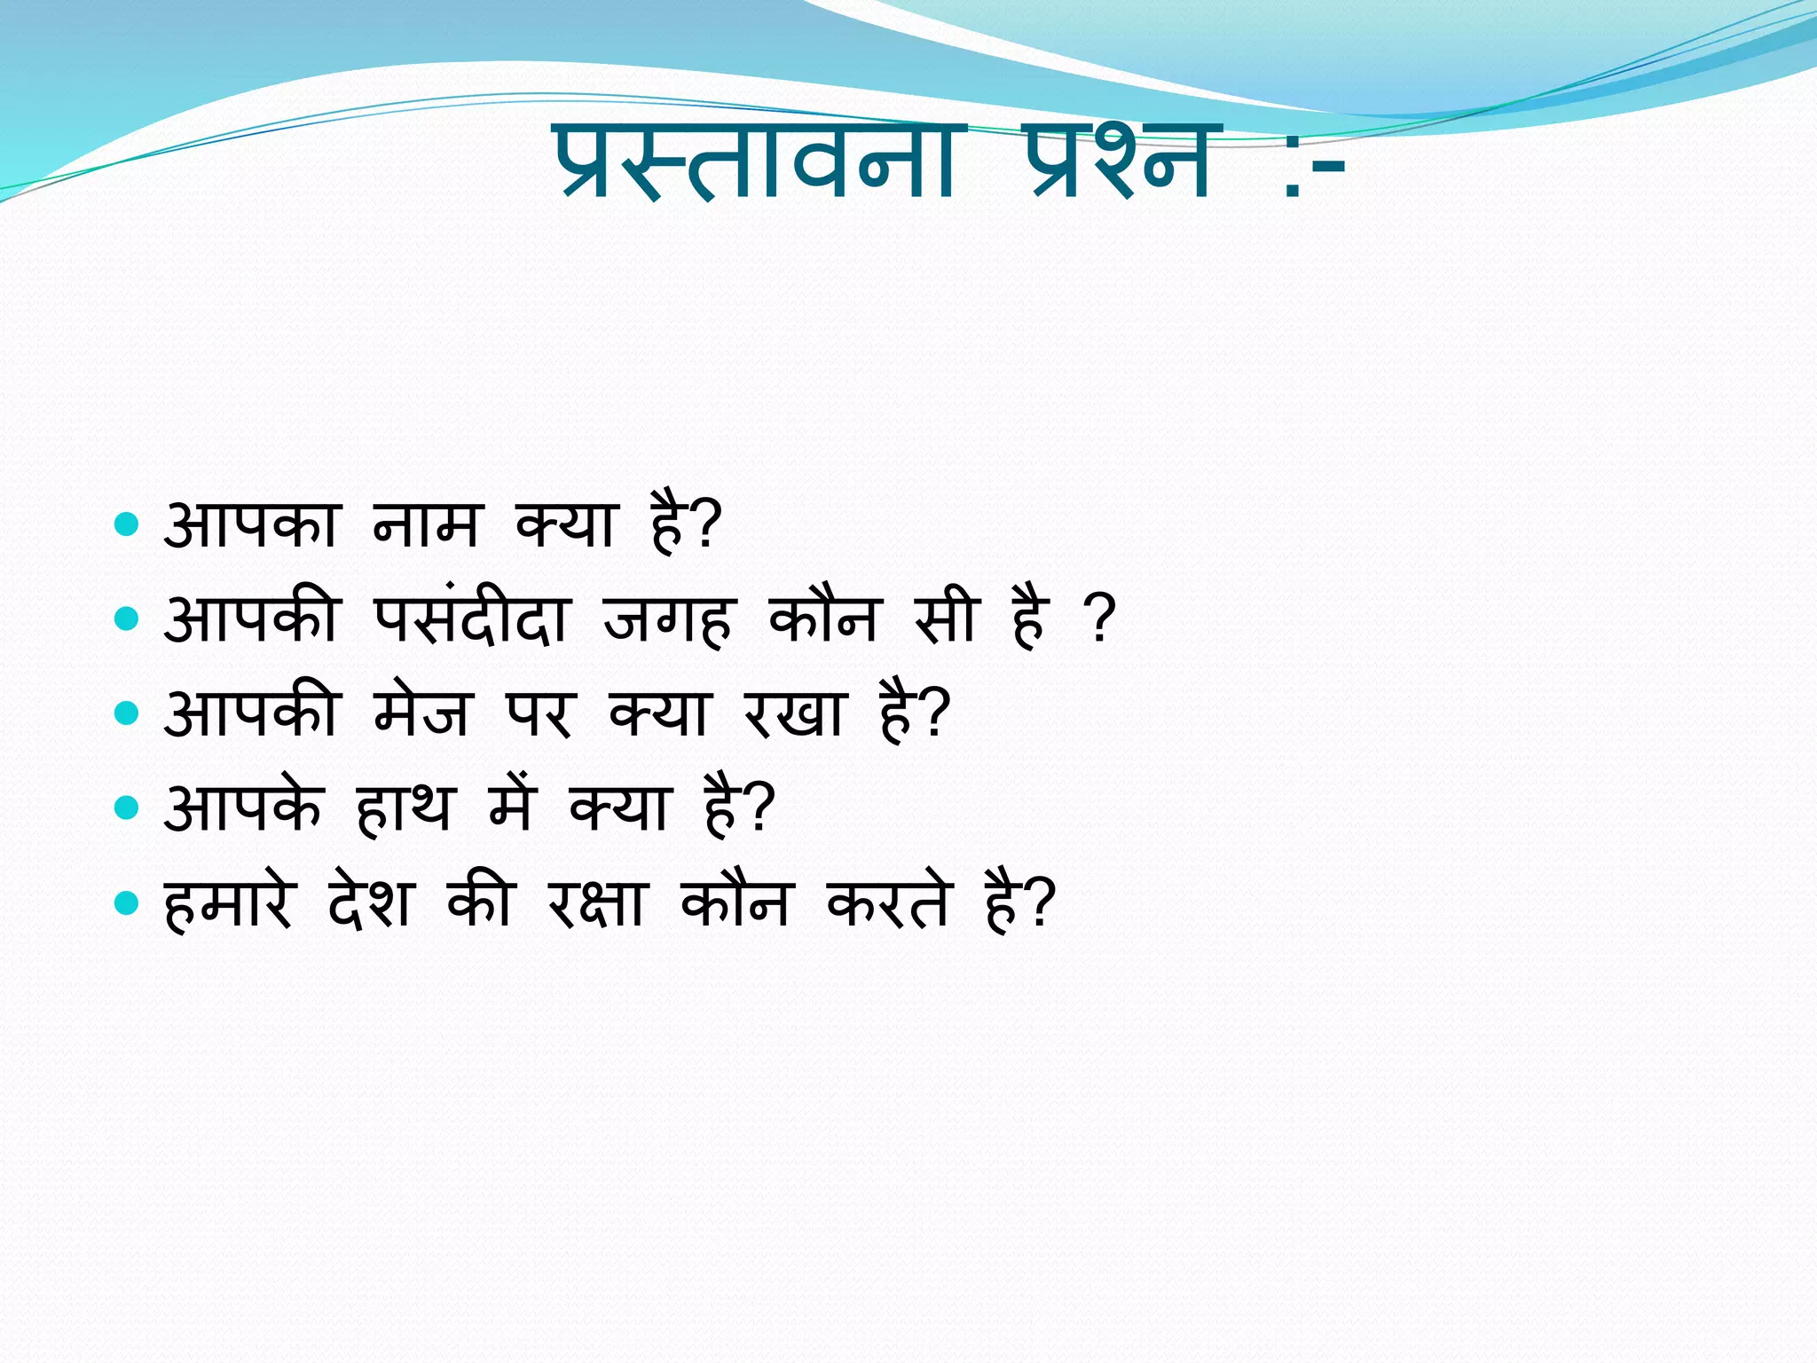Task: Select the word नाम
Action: (427, 525)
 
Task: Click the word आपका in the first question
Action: (251, 525)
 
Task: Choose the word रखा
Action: (793, 713)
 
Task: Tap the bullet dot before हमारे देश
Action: (128, 903)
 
